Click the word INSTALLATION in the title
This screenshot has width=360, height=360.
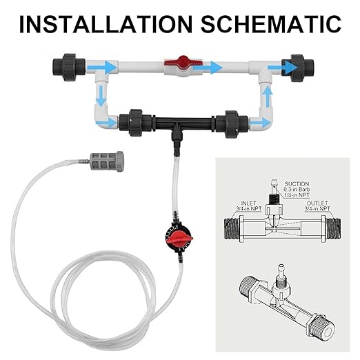[x=106, y=23]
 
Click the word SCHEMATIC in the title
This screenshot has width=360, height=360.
[x=271, y=23]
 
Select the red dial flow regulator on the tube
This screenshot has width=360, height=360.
[x=179, y=237]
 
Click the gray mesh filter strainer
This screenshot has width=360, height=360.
[x=107, y=161]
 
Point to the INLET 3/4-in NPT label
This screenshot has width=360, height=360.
[x=249, y=206]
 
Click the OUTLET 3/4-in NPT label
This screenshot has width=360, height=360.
[x=317, y=206]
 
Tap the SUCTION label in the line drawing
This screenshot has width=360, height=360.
[x=297, y=184]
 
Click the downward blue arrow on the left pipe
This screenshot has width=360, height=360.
[x=101, y=96]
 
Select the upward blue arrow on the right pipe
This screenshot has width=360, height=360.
[x=268, y=96]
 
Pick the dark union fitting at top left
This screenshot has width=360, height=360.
[x=69, y=68]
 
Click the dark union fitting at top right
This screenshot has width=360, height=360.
[x=298, y=68]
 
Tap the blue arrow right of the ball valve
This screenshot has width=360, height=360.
[x=208, y=67]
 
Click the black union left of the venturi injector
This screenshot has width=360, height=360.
[x=135, y=123]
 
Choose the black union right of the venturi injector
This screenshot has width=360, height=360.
[x=232, y=124]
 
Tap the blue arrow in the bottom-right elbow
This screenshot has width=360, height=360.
[x=261, y=123]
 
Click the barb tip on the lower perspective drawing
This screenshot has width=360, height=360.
[x=280, y=268]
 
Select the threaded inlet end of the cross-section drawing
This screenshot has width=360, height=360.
[x=232, y=229]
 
